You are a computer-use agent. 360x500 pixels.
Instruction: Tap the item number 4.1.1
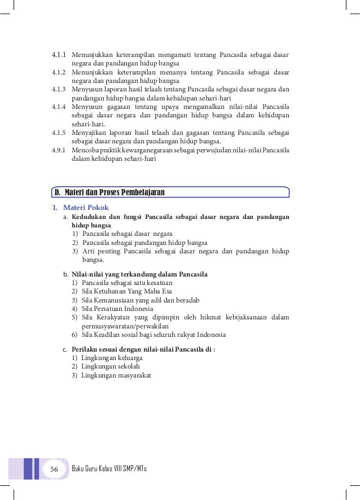pos(58,55)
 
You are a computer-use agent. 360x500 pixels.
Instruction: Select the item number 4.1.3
pos(58,89)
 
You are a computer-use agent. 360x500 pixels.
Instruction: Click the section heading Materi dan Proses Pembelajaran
pos(115,193)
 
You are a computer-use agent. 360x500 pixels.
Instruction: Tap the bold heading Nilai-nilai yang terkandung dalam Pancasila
pos(140,274)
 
